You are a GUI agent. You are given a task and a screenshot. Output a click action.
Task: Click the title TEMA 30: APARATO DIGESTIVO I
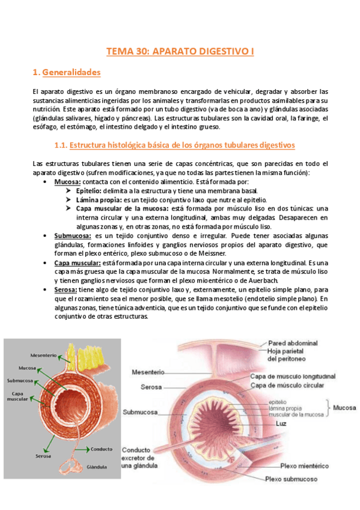[180, 52]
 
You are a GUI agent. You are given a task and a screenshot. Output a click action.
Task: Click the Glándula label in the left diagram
[97, 466]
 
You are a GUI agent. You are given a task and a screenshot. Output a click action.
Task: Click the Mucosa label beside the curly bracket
[344, 407]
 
